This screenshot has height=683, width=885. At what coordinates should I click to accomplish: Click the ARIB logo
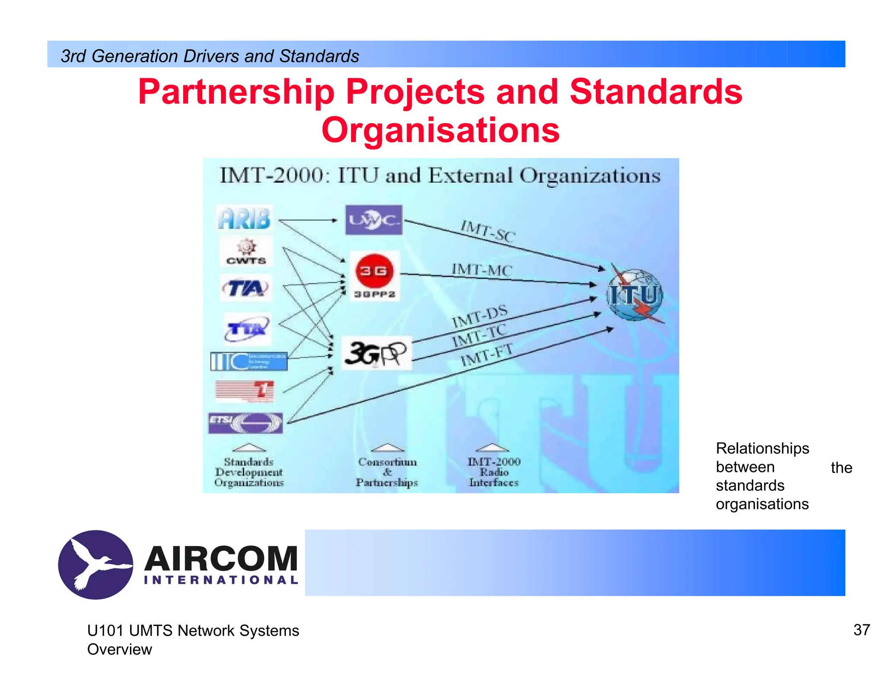click(245, 218)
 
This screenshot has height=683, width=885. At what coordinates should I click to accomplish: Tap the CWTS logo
click(246, 252)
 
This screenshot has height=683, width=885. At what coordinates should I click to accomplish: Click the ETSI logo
click(245, 423)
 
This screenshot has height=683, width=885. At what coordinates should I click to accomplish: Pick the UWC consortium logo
click(373, 220)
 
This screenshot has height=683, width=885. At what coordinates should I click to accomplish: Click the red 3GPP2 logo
click(374, 275)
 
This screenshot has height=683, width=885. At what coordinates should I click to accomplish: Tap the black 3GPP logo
click(376, 353)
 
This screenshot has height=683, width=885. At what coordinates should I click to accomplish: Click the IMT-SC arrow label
click(488, 231)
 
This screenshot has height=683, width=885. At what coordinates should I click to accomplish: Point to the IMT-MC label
click(481, 270)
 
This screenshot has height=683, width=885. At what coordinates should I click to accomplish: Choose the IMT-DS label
click(479, 316)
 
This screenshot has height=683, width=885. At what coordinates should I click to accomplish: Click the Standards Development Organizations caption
click(249, 472)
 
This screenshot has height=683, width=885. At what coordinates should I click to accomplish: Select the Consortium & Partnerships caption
click(387, 472)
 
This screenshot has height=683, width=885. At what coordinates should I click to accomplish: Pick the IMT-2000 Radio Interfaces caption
click(494, 472)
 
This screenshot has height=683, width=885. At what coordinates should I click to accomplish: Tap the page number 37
click(861, 630)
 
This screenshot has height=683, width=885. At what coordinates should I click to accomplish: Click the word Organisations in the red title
click(440, 130)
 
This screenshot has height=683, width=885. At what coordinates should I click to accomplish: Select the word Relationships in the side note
click(762, 448)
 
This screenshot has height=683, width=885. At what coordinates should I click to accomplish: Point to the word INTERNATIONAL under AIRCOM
click(221, 580)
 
